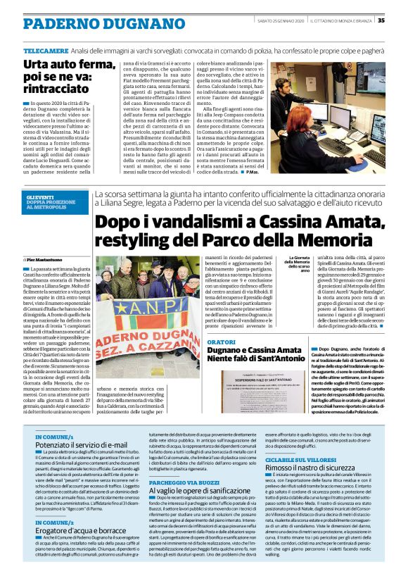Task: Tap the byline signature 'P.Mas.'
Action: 250,172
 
